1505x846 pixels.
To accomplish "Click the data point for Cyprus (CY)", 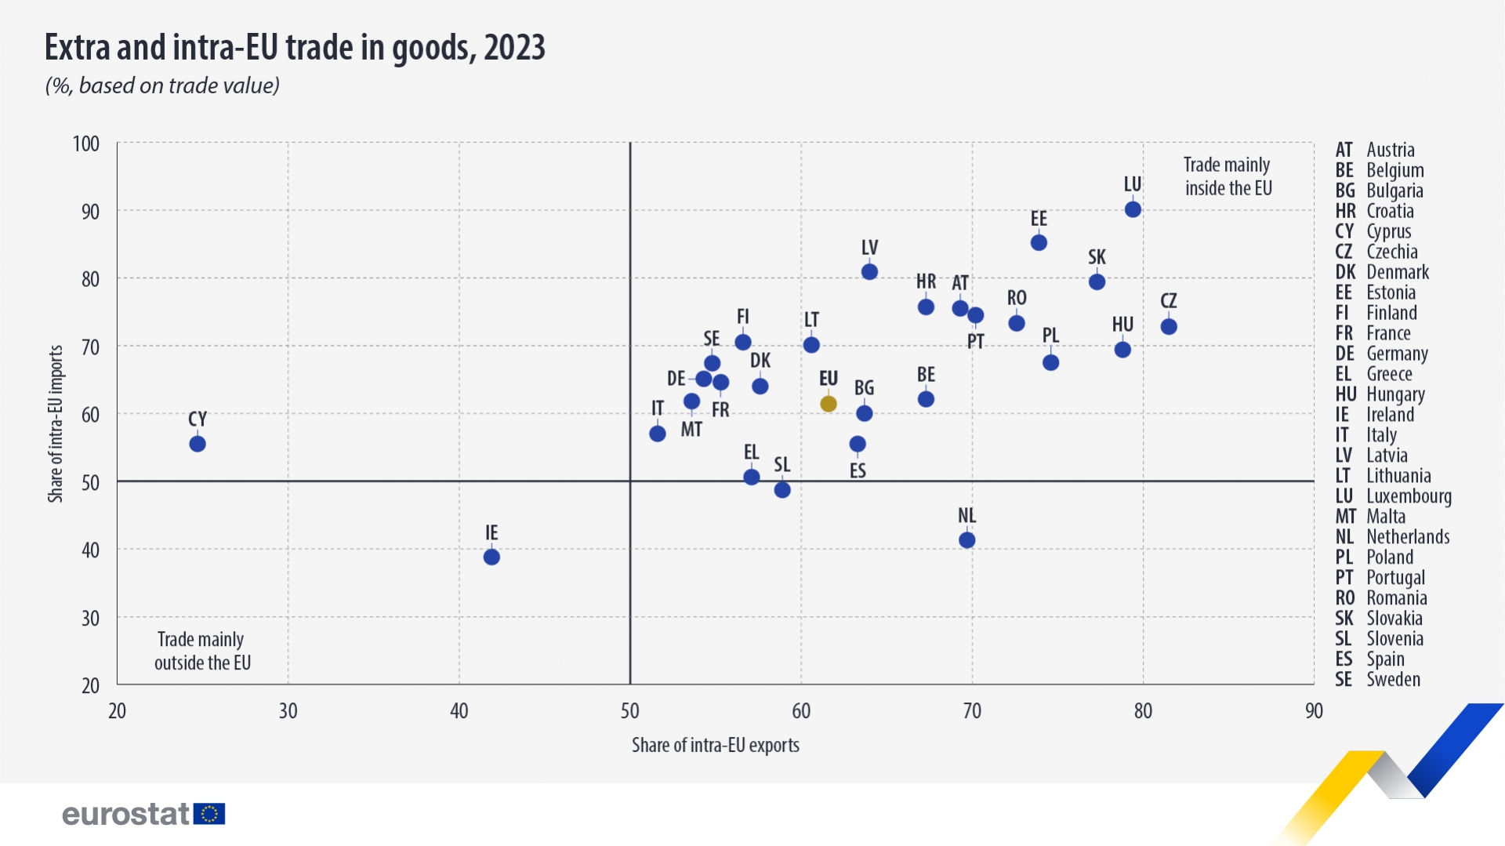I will click(x=198, y=444).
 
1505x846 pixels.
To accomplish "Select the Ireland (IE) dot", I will click(x=491, y=557).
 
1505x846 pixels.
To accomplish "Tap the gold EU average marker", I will click(x=829, y=404).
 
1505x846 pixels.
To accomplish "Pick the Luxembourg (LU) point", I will click(x=1133, y=209).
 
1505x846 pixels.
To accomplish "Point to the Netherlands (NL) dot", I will click(x=967, y=540).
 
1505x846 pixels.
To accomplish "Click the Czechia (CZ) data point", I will click(x=1169, y=327).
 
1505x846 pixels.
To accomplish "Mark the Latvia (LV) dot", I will click(x=869, y=272).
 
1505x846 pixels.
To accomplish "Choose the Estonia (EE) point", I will click(x=1039, y=243).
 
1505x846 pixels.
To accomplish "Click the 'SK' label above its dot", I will click(x=1097, y=257).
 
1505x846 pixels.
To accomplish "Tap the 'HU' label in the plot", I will click(x=1122, y=325).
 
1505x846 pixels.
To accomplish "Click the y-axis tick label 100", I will click(x=86, y=144).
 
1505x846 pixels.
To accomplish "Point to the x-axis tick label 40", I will click(x=459, y=711).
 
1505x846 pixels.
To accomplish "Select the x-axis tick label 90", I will click(x=1314, y=711).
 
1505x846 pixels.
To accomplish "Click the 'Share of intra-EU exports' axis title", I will click(x=715, y=745).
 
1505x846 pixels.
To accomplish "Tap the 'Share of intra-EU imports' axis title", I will click(x=56, y=423).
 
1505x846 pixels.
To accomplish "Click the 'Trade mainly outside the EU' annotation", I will click(x=202, y=651).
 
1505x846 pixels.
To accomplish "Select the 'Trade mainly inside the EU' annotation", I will click(x=1228, y=176).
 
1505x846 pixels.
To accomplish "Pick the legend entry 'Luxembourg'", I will click(x=1408, y=496).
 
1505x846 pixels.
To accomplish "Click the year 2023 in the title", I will click(x=514, y=48).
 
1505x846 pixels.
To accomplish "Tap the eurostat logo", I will click(x=143, y=814).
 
